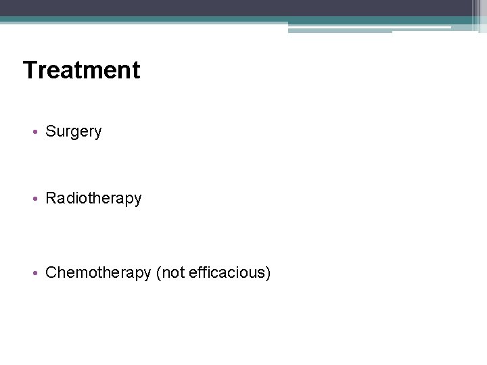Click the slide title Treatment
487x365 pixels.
(x=81, y=70)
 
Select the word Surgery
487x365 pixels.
(x=73, y=132)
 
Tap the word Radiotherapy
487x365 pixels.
(x=93, y=199)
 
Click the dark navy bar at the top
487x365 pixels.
(x=237, y=7)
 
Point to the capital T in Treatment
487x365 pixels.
(x=30, y=70)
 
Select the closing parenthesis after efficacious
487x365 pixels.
(x=269, y=273)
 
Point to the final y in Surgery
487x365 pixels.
(x=97, y=134)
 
